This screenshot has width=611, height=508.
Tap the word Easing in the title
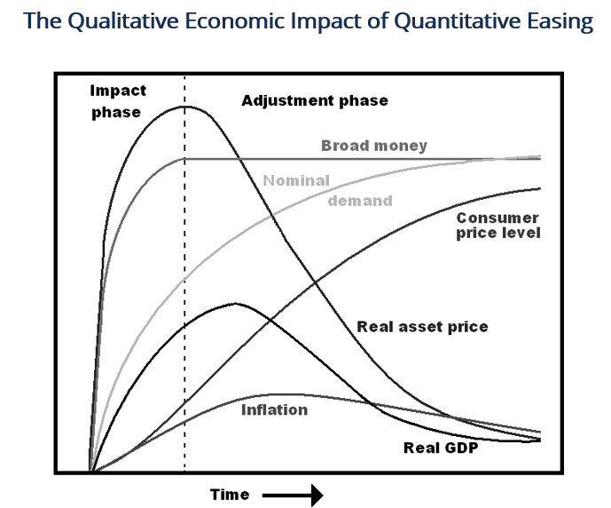(x=560, y=21)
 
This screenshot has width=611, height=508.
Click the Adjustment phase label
(x=315, y=100)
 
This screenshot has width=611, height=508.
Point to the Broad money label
(x=374, y=145)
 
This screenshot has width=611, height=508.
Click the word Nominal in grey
(x=296, y=181)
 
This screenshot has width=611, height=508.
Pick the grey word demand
(x=360, y=201)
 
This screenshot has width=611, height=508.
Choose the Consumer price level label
(x=497, y=226)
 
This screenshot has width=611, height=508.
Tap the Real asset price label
(x=422, y=327)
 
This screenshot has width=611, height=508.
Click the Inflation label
(x=274, y=410)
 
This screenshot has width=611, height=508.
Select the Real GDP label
(x=441, y=447)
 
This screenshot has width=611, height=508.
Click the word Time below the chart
(x=230, y=494)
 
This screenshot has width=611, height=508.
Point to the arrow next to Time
(x=293, y=494)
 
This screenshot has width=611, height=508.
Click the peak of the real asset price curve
(x=185, y=107)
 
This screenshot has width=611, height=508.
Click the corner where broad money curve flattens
(x=184, y=158)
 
